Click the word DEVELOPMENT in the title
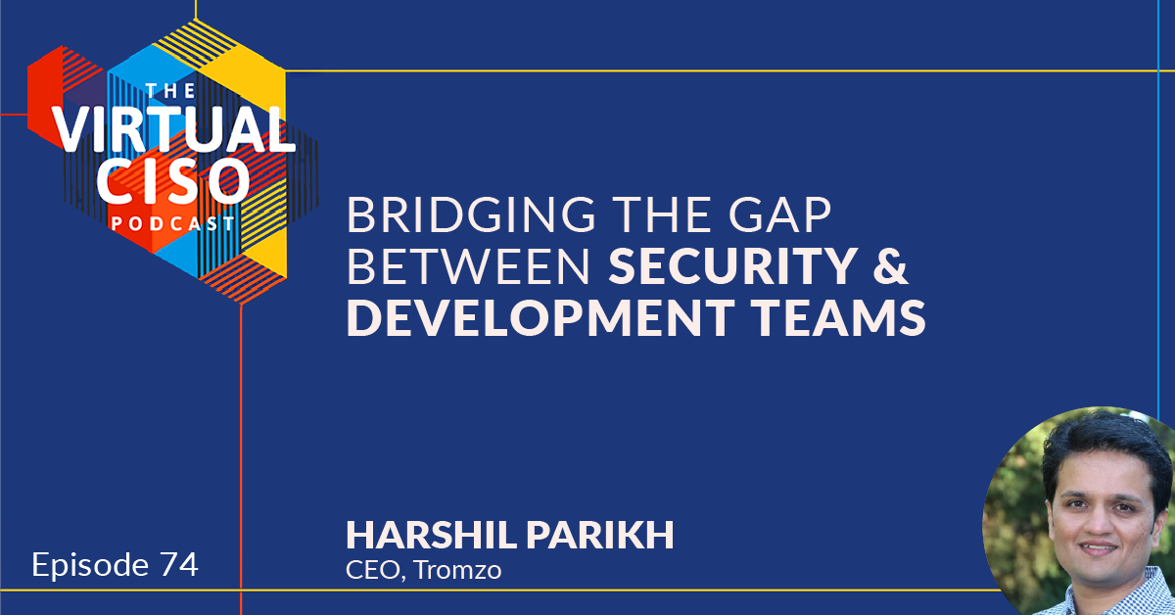[540, 317]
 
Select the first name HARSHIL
[431, 536]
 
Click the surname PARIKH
[600, 536]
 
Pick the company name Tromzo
[457, 570]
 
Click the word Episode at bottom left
[90, 566]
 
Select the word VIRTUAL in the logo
[174, 129]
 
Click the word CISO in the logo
[172, 181]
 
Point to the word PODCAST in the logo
[172, 224]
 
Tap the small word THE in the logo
[170, 91]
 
